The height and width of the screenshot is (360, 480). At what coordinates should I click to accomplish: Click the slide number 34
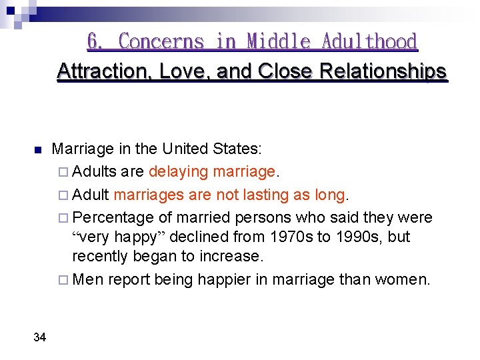pos(39,337)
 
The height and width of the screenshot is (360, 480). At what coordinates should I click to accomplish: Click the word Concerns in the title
pos(161,42)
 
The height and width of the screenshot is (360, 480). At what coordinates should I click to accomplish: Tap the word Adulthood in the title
pos(369,42)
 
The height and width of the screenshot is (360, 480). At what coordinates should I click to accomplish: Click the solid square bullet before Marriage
pos(38,149)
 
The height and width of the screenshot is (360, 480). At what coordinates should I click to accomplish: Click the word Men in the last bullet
pos(88,280)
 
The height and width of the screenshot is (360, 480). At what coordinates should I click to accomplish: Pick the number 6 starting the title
pos(95,42)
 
